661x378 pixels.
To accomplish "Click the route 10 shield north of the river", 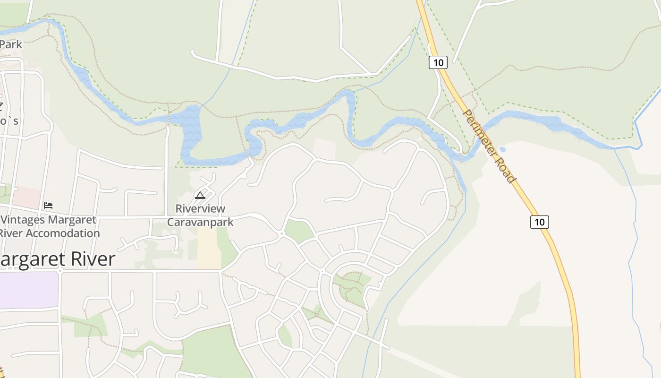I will tap(438, 62).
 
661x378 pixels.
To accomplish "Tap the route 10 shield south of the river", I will tap(539, 222).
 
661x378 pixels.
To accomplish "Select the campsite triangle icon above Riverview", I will tap(200, 195).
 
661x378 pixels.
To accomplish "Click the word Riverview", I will tap(200, 208).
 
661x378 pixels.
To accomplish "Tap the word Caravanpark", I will tap(200, 222).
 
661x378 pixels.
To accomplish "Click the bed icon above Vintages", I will tap(48, 205).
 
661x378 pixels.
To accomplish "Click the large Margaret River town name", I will tap(57, 259).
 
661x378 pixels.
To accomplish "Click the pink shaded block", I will tap(26, 198).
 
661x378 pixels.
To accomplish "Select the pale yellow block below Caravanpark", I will tap(209, 249).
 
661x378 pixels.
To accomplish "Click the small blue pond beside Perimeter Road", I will tap(502, 149).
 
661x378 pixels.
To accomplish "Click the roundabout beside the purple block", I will tap(60, 271).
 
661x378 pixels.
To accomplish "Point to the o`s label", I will tap(9, 121).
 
